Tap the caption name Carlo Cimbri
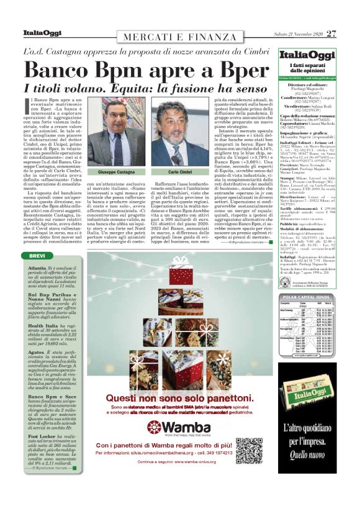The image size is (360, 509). point(180,171)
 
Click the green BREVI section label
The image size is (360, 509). point(37,256)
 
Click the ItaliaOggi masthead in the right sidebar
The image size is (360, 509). point(306,56)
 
